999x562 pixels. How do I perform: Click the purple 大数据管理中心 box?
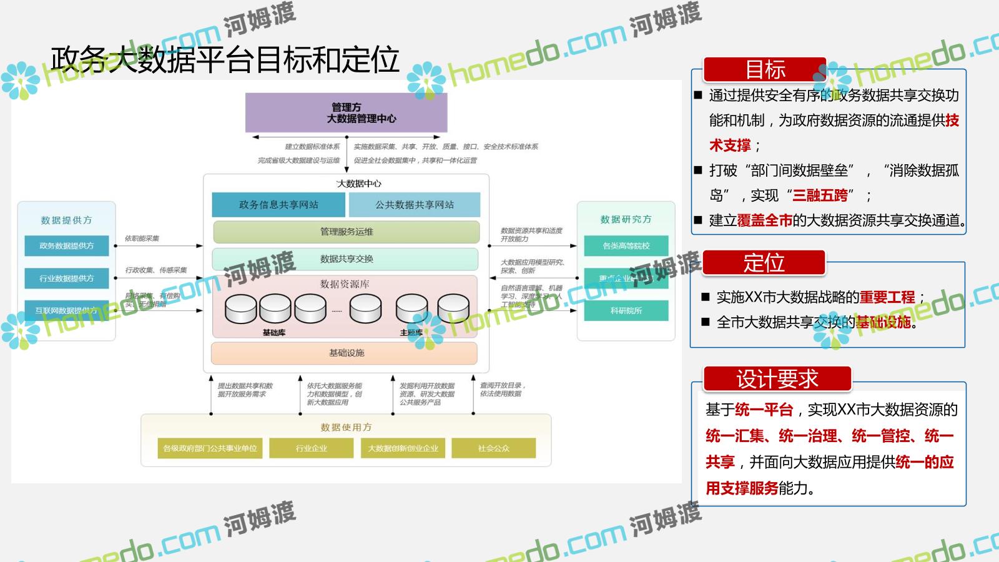(x=346, y=113)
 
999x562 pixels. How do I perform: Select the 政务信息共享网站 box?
(x=278, y=205)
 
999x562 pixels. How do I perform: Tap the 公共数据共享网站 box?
(x=415, y=205)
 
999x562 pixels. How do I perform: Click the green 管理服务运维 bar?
(x=347, y=232)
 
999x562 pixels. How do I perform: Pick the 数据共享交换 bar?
(x=347, y=259)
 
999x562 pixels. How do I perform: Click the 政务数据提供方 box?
(x=66, y=246)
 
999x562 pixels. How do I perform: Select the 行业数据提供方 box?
(x=66, y=279)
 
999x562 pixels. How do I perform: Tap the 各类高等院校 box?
(x=626, y=246)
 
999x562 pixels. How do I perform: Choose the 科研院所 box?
(x=626, y=310)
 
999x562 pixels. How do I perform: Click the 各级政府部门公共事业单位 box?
(x=210, y=448)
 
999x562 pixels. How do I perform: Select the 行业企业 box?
(x=311, y=448)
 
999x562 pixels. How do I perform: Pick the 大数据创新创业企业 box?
(x=403, y=448)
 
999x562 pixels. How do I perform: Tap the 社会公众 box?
(x=493, y=448)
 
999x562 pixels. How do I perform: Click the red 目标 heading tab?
(x=765, y=70)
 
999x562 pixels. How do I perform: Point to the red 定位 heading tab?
(x=764, y=263)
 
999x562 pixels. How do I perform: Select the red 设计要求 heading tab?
(x=777, y=379)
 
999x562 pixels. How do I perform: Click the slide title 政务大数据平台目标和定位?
(x=225, y=60)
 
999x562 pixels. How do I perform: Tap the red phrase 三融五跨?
(x=820, y=195)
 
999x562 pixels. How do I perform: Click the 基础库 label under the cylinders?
(x=274, y=333)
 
